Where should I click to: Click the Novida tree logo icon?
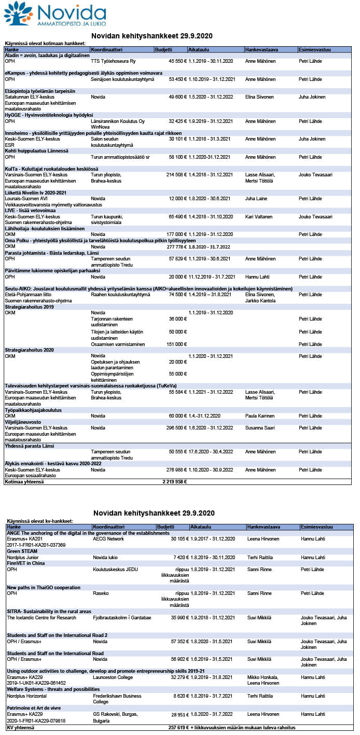pyautogui.click(x=18, y=13)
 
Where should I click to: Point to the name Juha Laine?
pyautogui.click(x=256, y=199)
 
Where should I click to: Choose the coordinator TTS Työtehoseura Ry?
pyautogui.click(x=113, y=61)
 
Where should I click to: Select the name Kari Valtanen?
pyautogui.click(x=259, y=216)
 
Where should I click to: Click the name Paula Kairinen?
pyautogui.click(x=260, y=416)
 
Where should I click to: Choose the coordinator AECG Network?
pyautogui.click(x=108, y=539)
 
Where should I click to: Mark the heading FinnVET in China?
pyautogui.click(x=25, y=563)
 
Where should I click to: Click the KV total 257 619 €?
pyautogui.click(x=177, y=728)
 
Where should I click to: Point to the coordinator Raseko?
pyautogui.click(x=100, y=593)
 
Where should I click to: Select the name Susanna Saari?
pyautogui.click(x=261, y=428)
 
